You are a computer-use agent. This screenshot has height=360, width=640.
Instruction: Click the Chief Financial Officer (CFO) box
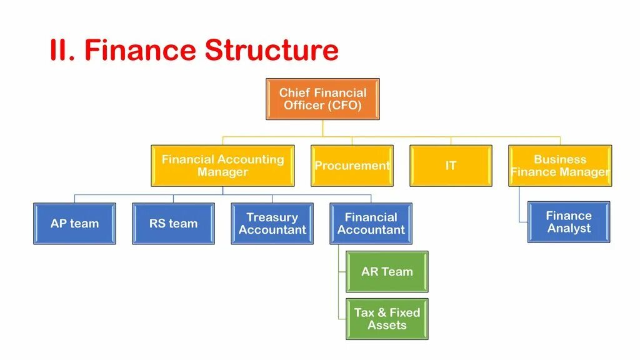(322, 99)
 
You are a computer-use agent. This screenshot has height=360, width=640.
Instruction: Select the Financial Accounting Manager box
(222, 166)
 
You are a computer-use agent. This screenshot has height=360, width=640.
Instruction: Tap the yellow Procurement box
(352, 166)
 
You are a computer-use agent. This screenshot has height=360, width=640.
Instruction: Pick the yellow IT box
(451, 166)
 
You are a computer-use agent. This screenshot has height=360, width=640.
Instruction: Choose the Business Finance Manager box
(560, 166)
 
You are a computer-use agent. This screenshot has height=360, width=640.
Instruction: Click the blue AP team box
(74, 223)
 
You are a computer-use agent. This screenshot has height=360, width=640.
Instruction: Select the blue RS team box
(173, 223)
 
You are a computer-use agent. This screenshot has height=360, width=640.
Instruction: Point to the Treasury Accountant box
(272, 223)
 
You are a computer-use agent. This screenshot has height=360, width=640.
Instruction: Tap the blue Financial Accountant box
(371, 223)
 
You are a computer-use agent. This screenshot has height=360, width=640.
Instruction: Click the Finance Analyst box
(569, 222)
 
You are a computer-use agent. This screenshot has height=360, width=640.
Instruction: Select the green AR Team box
(387, 272)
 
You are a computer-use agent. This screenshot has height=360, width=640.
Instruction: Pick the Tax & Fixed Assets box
(387, 319)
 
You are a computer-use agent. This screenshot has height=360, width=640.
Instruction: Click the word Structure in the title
(272, 51)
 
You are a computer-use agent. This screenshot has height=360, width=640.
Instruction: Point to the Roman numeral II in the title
(62, 51)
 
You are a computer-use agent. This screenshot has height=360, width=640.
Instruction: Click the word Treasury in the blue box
(272, 217)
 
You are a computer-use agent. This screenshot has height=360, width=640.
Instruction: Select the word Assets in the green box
(387, 325)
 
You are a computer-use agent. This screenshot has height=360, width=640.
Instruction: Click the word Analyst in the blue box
(569, 228)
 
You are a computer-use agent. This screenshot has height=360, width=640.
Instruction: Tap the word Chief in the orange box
(293, 92)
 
